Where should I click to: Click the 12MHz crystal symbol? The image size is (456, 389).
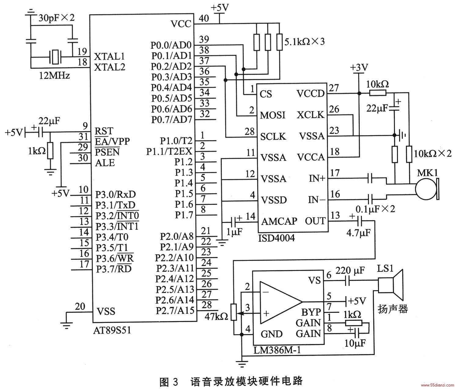pos(55,57)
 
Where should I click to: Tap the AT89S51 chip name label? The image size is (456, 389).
pos(112,330)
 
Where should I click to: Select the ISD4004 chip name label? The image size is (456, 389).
pos(276,238)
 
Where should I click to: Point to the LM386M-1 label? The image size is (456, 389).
pos(277,350)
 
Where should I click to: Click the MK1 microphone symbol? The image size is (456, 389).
pos(427,189)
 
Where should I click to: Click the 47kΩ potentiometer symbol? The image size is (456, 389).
pos(234,312)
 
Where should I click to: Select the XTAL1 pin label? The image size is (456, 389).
pos(109,57)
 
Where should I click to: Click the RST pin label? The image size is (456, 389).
pos(104,131)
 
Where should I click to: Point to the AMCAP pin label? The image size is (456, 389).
pos(279,221)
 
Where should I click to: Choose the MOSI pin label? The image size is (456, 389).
pos(273,115)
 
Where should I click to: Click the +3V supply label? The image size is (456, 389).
pos(359,68)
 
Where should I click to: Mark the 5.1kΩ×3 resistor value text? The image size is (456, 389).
pos(304,42)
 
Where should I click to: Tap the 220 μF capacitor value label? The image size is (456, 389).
pos(350,270)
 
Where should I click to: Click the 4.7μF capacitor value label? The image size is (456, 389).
pos(359,233)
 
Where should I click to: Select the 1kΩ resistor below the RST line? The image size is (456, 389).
pos(50,151)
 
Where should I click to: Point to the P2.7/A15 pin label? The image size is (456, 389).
pos(175,311)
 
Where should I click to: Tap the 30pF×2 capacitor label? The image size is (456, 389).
pos(57,18)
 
